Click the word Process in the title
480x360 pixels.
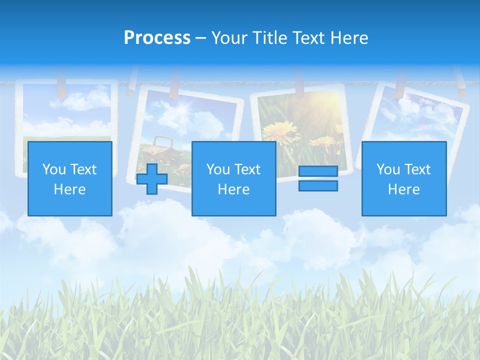pyautogui.click(x=157, y=38)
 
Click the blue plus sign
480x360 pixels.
pyautogui.click(x=152, y=179)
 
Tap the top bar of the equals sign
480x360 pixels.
pyautogui.click(x=318, y=171)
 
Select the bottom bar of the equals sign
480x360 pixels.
pyautogui.click(x=318, y=186)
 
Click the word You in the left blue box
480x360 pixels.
pyautogui.click(x=54, y=169)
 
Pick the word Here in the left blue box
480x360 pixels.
pyautogui.click(x=69, y=189)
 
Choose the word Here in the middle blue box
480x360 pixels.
pyautogui.click(x=233, y=189)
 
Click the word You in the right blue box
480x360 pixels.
pyautogui.click(x=388, y=169)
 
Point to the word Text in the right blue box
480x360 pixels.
pyautogui.click(x=418, y=169)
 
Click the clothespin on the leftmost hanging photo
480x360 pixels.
pyautogui.click(x=61, y=83)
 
